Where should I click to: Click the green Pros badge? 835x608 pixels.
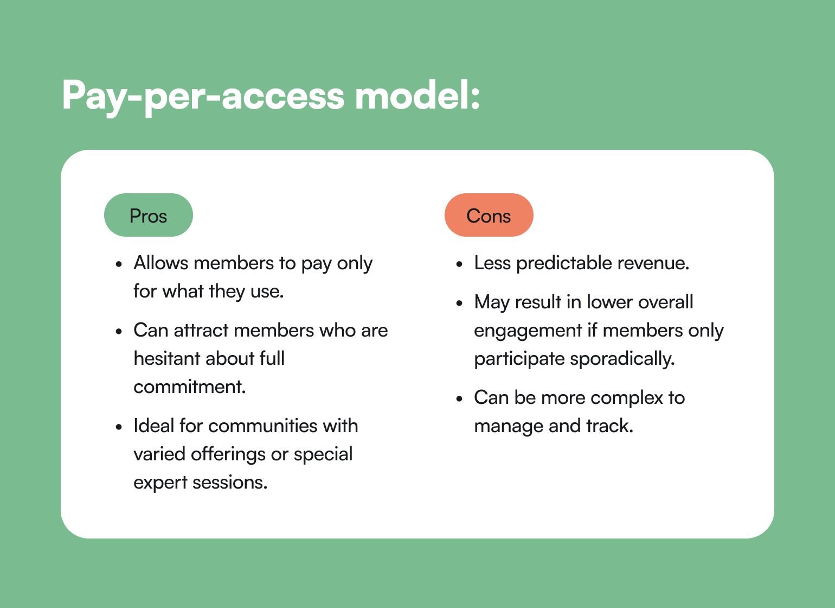coord(149,215)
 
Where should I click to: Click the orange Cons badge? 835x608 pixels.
coord(489,215)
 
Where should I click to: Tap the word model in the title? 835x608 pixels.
coord(417,96)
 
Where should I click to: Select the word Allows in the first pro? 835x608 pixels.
coord(161,263)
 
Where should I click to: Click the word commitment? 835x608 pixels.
coord(190,387)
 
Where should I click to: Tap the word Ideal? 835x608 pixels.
coord(153,426)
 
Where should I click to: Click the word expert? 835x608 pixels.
coord(160,483)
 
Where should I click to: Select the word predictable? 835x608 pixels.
coord(564,263)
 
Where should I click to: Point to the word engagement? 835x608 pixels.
coord(528,331)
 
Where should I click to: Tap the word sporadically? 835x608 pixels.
coord(622,359)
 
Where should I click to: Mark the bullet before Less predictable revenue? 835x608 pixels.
coord(459,264)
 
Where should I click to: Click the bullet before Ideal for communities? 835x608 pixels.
coord(119,427)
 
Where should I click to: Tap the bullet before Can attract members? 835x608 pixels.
coord(119,332)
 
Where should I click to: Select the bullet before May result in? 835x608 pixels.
coord(459,303)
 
